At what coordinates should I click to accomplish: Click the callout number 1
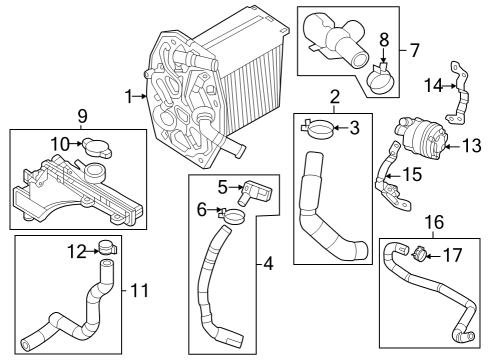pyautogui.click(x=129, y=97)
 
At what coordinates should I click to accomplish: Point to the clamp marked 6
pyautogui.click(x=232, y=216)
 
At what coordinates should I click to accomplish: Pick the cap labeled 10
pyautogui.click(x=97, y=147)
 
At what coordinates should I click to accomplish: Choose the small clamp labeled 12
pyautogui.click(x=108, y=248)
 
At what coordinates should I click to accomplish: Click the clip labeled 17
pyautogui.click(x=420, y=254)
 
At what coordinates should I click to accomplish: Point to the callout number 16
pyautogui.click(x=435, y=222)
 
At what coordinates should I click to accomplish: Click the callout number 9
pyautogui.click(x=82, y=117)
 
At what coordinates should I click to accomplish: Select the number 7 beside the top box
pyautogui.click(x=414, y=51)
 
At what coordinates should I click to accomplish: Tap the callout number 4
pyautogui.click(x=268, y=264)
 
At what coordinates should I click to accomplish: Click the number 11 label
pyautogui.click(x=139, y=290)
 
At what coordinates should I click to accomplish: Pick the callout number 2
pyautogui.click(x=335, y=97)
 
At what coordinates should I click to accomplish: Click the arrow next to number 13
pyautogui.click(x=453, y=146)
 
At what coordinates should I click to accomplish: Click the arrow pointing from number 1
pyautogui.click(x=140, y=97)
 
